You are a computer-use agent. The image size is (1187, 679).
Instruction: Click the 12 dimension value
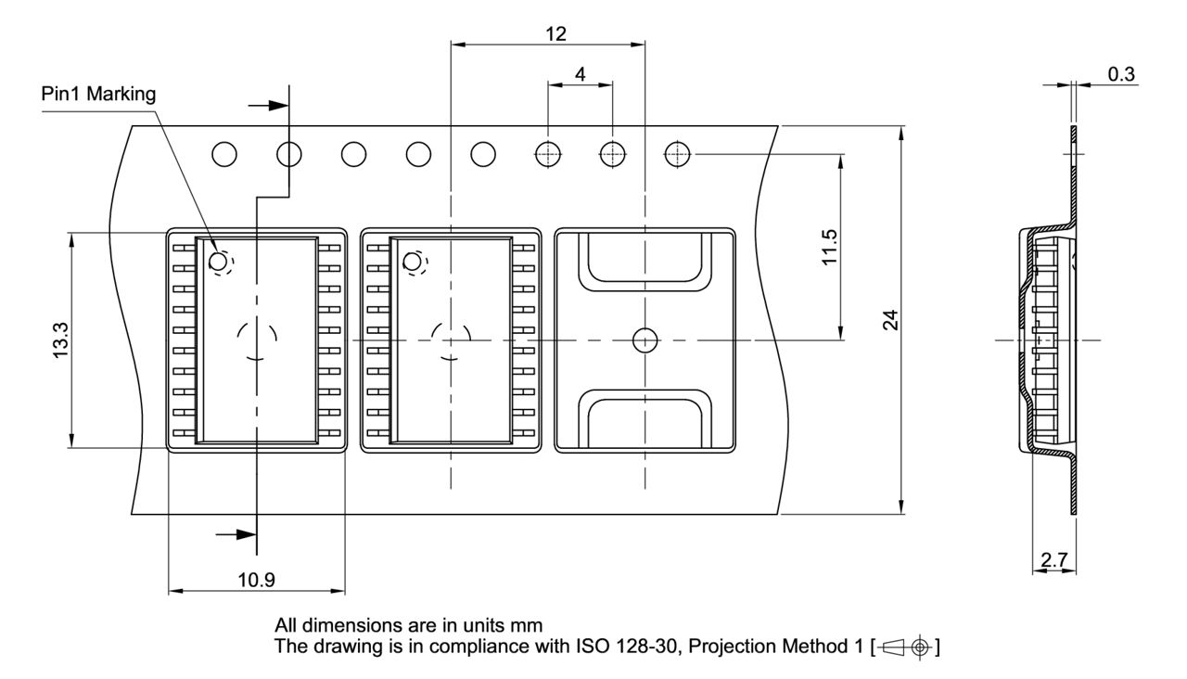[555, 33]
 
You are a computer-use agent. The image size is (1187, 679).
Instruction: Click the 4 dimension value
[581, 74]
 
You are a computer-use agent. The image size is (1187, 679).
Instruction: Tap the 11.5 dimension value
[831, 247]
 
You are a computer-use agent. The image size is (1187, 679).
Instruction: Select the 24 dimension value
[890, 321]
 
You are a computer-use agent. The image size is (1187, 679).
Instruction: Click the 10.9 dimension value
[256, 581]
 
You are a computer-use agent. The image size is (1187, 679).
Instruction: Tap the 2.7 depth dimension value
[1053, 560]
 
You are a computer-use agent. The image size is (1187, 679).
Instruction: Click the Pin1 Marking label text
[98, 94]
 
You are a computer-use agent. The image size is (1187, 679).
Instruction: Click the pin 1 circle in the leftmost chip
[218, 263]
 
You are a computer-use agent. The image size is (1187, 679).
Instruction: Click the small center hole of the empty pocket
[644, 340]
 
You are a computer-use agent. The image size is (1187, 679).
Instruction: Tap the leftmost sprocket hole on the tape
[224, 154]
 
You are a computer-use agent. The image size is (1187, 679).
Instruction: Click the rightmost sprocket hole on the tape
[678, 154]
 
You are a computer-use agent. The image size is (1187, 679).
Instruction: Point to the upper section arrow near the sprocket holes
[272, 105]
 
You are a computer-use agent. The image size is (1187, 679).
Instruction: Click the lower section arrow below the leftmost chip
[237, 534]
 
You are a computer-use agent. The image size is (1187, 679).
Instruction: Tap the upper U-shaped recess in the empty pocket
[645, 264]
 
